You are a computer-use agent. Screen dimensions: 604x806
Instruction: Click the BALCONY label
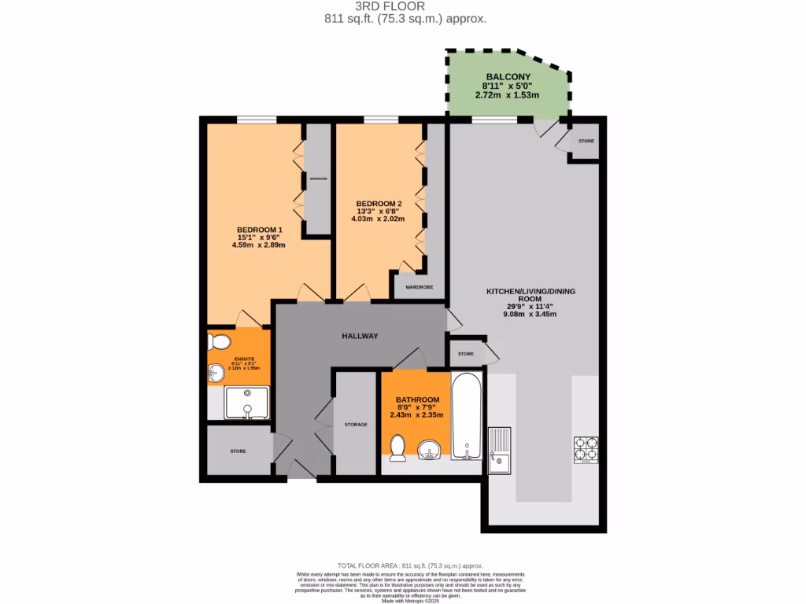coord(506,76)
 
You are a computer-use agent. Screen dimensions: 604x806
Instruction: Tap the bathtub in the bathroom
coord(467,416)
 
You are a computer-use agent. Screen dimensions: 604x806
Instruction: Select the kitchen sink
coord(499,450)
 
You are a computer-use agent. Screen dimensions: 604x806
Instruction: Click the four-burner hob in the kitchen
coord(586,450)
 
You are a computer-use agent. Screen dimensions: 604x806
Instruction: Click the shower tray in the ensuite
coord(246,402)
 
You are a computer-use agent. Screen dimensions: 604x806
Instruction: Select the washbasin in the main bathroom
coord(429,449)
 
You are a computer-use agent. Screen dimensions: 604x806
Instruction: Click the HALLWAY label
coord(360,336)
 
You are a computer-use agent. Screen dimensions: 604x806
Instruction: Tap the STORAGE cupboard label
coord(356,425)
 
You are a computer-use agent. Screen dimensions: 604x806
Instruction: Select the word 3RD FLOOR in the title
coord(402,6)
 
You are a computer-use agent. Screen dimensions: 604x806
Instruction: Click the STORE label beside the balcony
coord(586,141)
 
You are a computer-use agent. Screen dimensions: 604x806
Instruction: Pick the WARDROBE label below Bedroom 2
coord(420,287)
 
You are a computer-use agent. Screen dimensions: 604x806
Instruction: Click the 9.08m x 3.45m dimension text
coord(530,314)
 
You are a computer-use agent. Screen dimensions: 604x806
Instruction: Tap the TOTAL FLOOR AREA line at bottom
coord(409,565)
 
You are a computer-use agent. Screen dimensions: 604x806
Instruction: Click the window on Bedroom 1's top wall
coord(257,120)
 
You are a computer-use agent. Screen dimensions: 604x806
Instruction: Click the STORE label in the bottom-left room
coord(238,451)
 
